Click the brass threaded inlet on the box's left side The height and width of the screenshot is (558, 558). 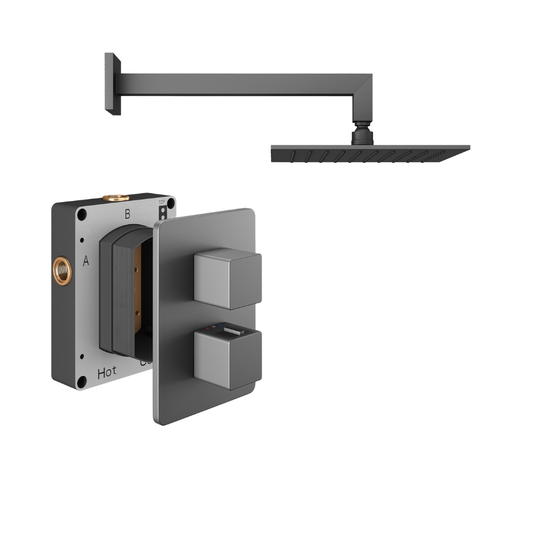(x=59, y=268)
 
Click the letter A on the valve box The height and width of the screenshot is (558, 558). (x=86, y=261)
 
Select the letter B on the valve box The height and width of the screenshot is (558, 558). (x=127, y=214)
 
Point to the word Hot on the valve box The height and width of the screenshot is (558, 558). (x=107, y=373)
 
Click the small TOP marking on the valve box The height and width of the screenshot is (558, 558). (x=162, y=203)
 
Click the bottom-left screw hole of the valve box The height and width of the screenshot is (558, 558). (x=82, y=381)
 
